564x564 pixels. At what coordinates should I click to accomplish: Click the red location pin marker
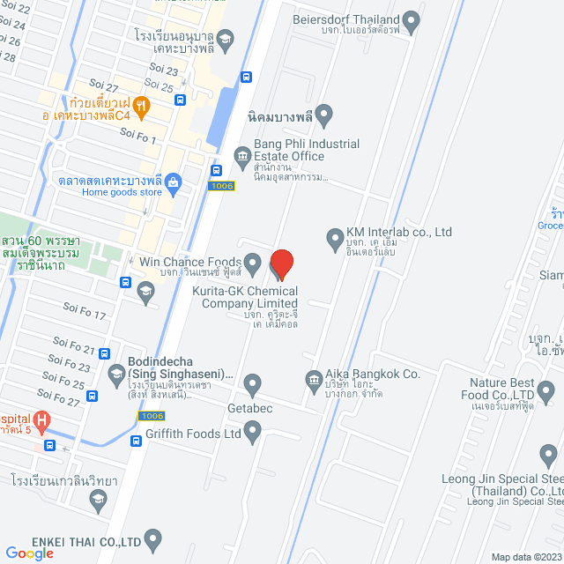tap(281, 263)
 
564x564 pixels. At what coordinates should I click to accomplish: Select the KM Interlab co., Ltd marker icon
tap(335, 238)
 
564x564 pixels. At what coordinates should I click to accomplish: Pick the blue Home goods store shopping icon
tap(173, 183)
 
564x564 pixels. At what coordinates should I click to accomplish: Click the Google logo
tap(29, 553)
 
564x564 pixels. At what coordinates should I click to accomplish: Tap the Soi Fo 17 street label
tap(85, 312)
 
